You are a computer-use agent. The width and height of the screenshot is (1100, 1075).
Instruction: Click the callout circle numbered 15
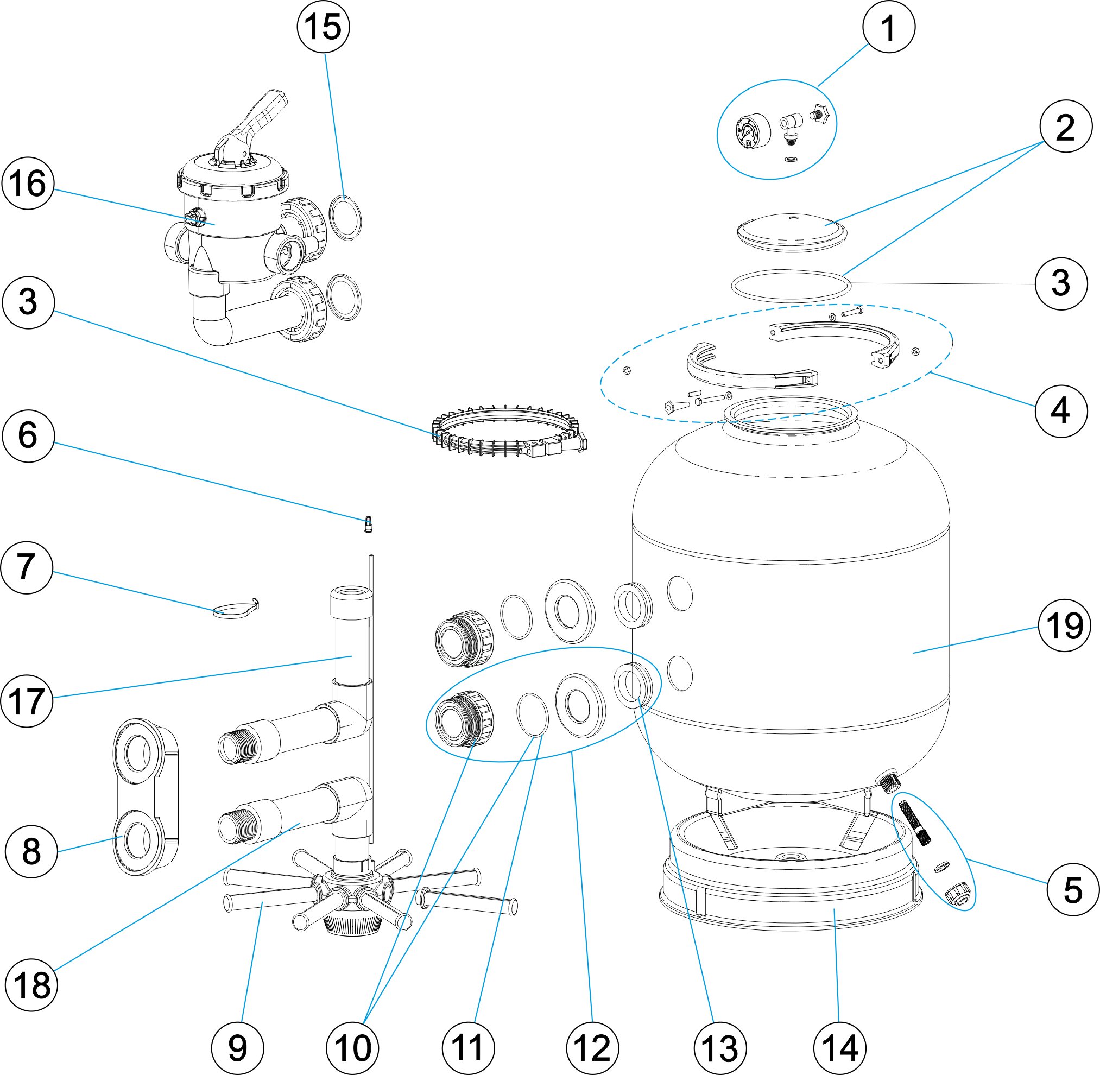tap(324, 27)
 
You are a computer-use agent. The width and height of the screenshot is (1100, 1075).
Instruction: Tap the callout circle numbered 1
tap(889, 27)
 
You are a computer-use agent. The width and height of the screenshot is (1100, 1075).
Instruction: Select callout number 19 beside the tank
tap(1064, 625)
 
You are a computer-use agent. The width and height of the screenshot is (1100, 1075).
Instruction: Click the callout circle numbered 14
tap(840, 1048)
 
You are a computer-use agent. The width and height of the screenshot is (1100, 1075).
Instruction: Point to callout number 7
tap(27, 567)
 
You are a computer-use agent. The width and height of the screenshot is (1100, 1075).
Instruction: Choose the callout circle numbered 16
tap(28, 184)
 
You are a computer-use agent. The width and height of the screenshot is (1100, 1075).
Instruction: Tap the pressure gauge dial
tap(753, 131)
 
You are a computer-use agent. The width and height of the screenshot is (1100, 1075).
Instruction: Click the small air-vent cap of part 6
tap(368, 524)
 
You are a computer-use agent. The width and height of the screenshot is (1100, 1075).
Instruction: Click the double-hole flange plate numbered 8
tap(146, 796)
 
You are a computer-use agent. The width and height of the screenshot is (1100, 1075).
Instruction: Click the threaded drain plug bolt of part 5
tap(918, 823)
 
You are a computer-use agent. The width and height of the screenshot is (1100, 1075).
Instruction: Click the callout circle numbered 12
tap(592, 1048)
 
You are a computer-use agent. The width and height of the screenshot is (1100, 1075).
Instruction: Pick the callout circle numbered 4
tap(1061, 410)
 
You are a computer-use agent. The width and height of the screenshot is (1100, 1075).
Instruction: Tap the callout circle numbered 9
tap(238, 1048)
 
